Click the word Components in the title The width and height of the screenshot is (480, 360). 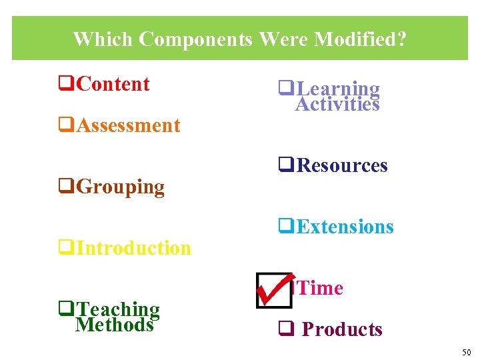point(195,39)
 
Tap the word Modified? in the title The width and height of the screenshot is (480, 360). point(359,39)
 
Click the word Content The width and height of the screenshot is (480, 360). point(113,85)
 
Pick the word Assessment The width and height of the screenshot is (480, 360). point(129,126)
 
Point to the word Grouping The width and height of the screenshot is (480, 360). point(121,187)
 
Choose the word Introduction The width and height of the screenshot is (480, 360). point(134,249)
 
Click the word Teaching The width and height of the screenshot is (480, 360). point(119,309)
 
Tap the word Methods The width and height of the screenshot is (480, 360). point(115,325)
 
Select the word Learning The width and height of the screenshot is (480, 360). point(338,89)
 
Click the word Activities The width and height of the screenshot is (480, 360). point(337,104)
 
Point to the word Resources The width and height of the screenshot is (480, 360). point(342,165)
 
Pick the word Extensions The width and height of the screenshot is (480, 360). point(345,227)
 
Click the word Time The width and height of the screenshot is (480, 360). point(321,289)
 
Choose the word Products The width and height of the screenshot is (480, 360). point(342,330)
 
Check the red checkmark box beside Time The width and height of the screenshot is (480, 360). point(274,289)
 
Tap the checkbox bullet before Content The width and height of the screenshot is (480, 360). point(65,85)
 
